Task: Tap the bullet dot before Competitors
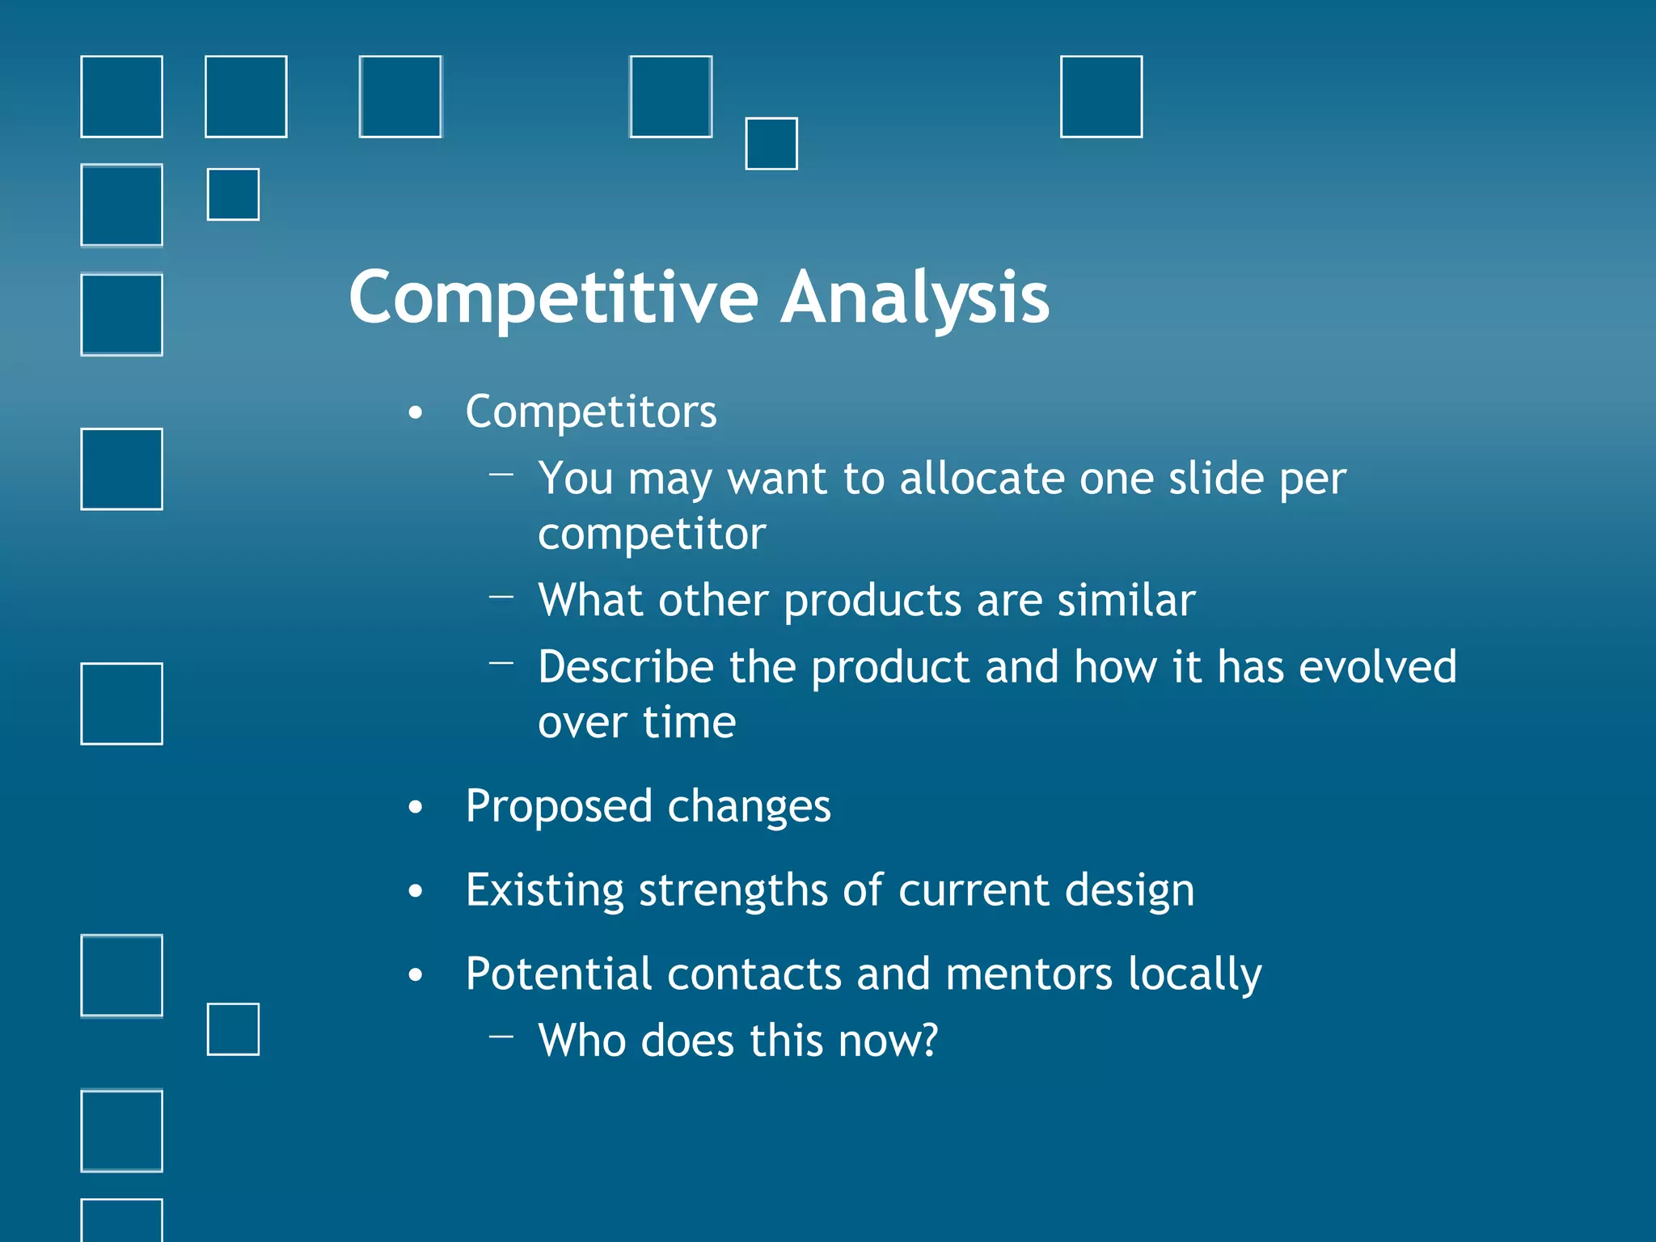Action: point(416,413)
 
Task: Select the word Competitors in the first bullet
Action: point(591,413)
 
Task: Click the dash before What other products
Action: point(501,598)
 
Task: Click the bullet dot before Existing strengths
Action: point(416,891)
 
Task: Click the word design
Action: point(1129,891)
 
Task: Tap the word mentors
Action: point(1029,974)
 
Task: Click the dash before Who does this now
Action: point(501,1036)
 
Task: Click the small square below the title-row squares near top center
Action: point(771,144)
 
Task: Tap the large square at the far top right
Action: point(1100,97)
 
